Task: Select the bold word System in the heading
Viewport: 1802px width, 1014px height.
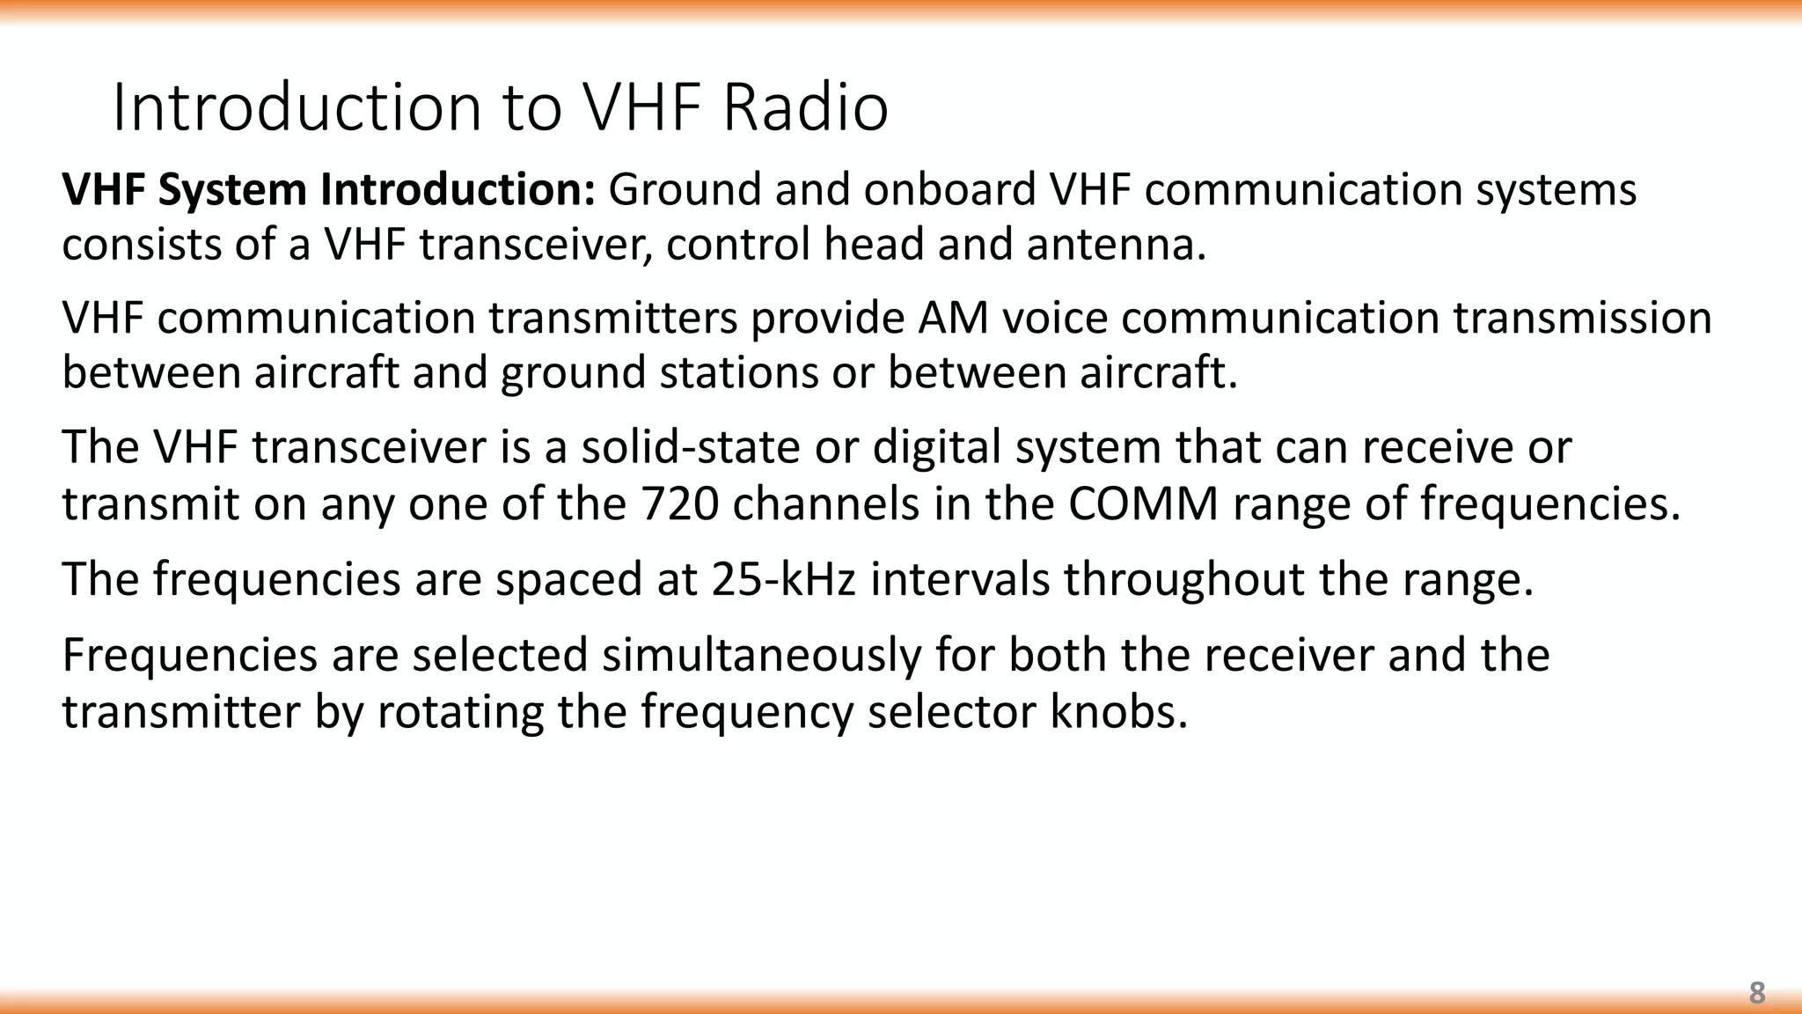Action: (232, 190)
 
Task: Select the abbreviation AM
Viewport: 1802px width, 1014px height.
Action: (953, 318)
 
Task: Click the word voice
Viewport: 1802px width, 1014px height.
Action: (1055, 318)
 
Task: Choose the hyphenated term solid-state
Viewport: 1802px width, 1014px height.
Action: (691, 447)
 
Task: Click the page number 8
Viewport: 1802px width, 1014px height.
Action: (1756, 993)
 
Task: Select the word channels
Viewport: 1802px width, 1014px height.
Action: (826, 504)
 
